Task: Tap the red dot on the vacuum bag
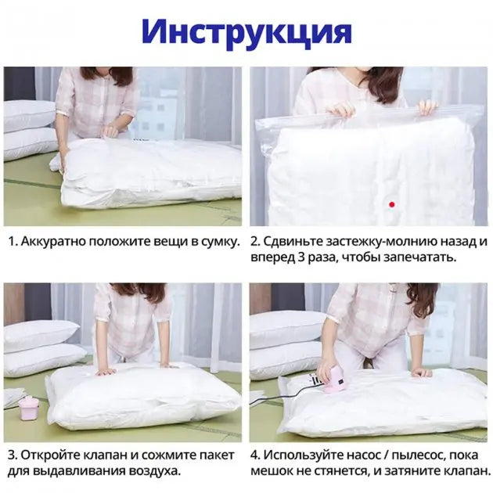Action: (392, 204)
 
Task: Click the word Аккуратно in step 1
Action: (55, 241)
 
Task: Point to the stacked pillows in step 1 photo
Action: (30, 129)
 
